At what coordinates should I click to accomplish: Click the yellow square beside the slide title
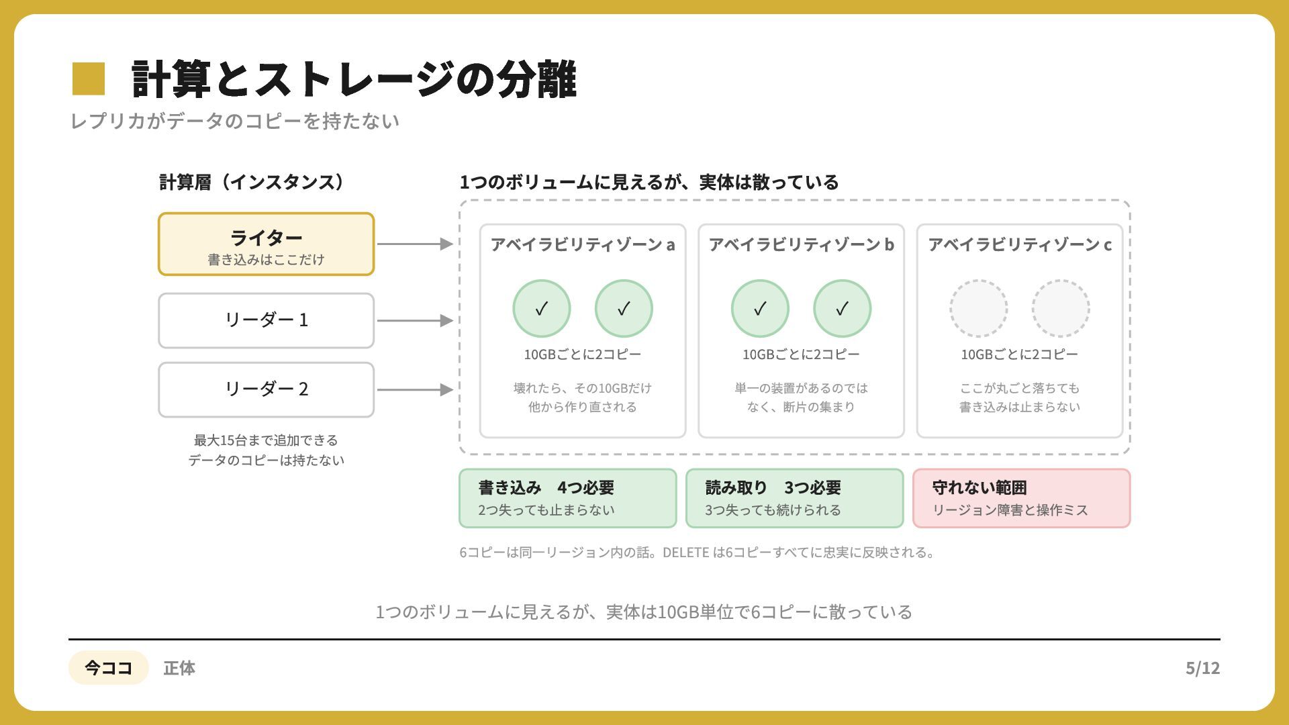[x=89, y=79]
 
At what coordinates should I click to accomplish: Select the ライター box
[x=266, y=244]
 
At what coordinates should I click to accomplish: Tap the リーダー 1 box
[x=266, y=320]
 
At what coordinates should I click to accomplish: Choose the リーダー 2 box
[x=266, y=389]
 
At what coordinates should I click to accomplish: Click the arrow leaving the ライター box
[x=415, y=244]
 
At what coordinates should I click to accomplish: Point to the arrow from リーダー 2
[x=415, y=389]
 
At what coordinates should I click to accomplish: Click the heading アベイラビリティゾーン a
[x=583, y=244]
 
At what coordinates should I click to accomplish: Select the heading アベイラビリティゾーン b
[x=801, y=244]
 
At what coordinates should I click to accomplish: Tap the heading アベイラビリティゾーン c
[x=1020, y=244]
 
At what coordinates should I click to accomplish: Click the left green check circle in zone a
[x=542, y=308]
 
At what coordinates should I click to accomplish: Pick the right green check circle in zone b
[x=842, y=308]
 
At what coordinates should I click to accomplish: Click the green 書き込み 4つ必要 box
[x=568, y=498]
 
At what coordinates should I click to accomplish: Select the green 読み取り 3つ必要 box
[x=795, y=498]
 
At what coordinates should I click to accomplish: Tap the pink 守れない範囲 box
[x=1022, y=498]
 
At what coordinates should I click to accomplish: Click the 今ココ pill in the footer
[x=108, y=667]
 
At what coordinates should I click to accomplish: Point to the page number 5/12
[x=1202, y=668]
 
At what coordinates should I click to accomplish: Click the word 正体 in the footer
[x=179, y=668]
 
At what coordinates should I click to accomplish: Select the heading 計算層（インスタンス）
[x=252, y=182]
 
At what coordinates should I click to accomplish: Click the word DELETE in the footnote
[x=686, y=552]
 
